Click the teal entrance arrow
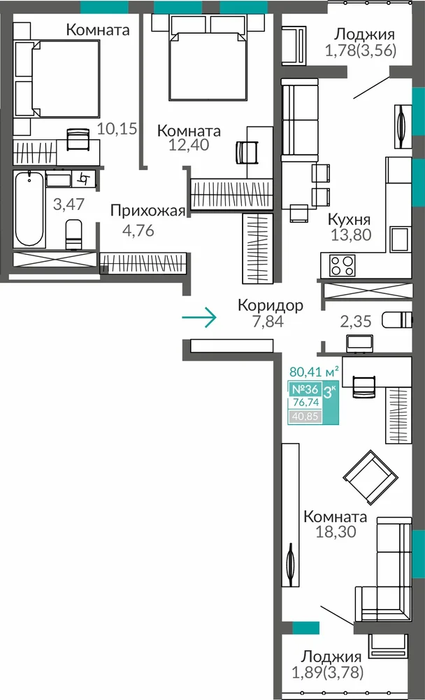point(199,317)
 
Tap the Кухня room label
point(350,220)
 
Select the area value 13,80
point(351,234)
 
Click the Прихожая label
point(147,211)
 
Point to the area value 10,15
point(117,129)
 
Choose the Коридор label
point(271,305)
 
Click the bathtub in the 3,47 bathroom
point(29,209)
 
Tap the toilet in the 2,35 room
point(397,320)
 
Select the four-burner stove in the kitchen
point(342,265)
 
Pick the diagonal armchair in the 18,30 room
point(370,477)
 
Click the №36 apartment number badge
point(305,389)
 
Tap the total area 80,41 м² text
point(314,372)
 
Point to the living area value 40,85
point(305,417)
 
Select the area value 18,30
point(336,532)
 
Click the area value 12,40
point(189,145)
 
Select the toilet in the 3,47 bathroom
point(73,234)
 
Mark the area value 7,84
point(268,321)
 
